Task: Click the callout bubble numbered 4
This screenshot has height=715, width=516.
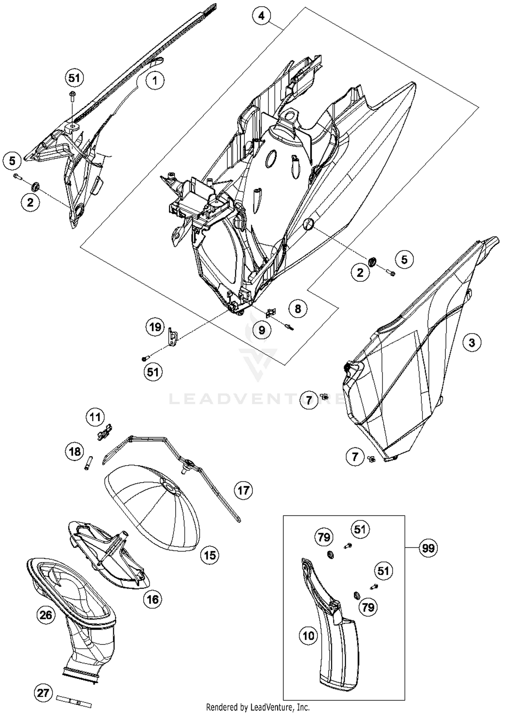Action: [x=261, y=16]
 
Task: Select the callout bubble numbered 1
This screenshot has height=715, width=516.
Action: [x=155, y=81]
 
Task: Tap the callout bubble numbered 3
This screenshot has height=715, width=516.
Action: [x=472, y=343]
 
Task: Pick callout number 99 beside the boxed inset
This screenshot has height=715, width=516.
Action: [x=428, y=548]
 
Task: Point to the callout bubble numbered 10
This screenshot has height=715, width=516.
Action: [x=308, y=636]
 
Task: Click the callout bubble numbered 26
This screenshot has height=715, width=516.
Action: [x=46, y=615]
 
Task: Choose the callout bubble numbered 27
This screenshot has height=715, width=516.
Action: [x=43, y=693]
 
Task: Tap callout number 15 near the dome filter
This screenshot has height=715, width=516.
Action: [x=210, y=555]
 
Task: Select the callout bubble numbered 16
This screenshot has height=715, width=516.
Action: [x=152, y=600]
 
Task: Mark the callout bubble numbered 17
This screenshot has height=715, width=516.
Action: [x=243, y=490]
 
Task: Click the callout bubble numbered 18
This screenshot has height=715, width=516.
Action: [x=75, y=451]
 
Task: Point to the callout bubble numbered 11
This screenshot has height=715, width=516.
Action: [x=95, y=417]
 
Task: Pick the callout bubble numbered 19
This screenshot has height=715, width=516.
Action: [x=155, y=327]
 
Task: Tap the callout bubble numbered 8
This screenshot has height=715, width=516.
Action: [x=298, y=308]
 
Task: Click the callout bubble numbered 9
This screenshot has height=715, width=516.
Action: [x=262, y=330]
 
